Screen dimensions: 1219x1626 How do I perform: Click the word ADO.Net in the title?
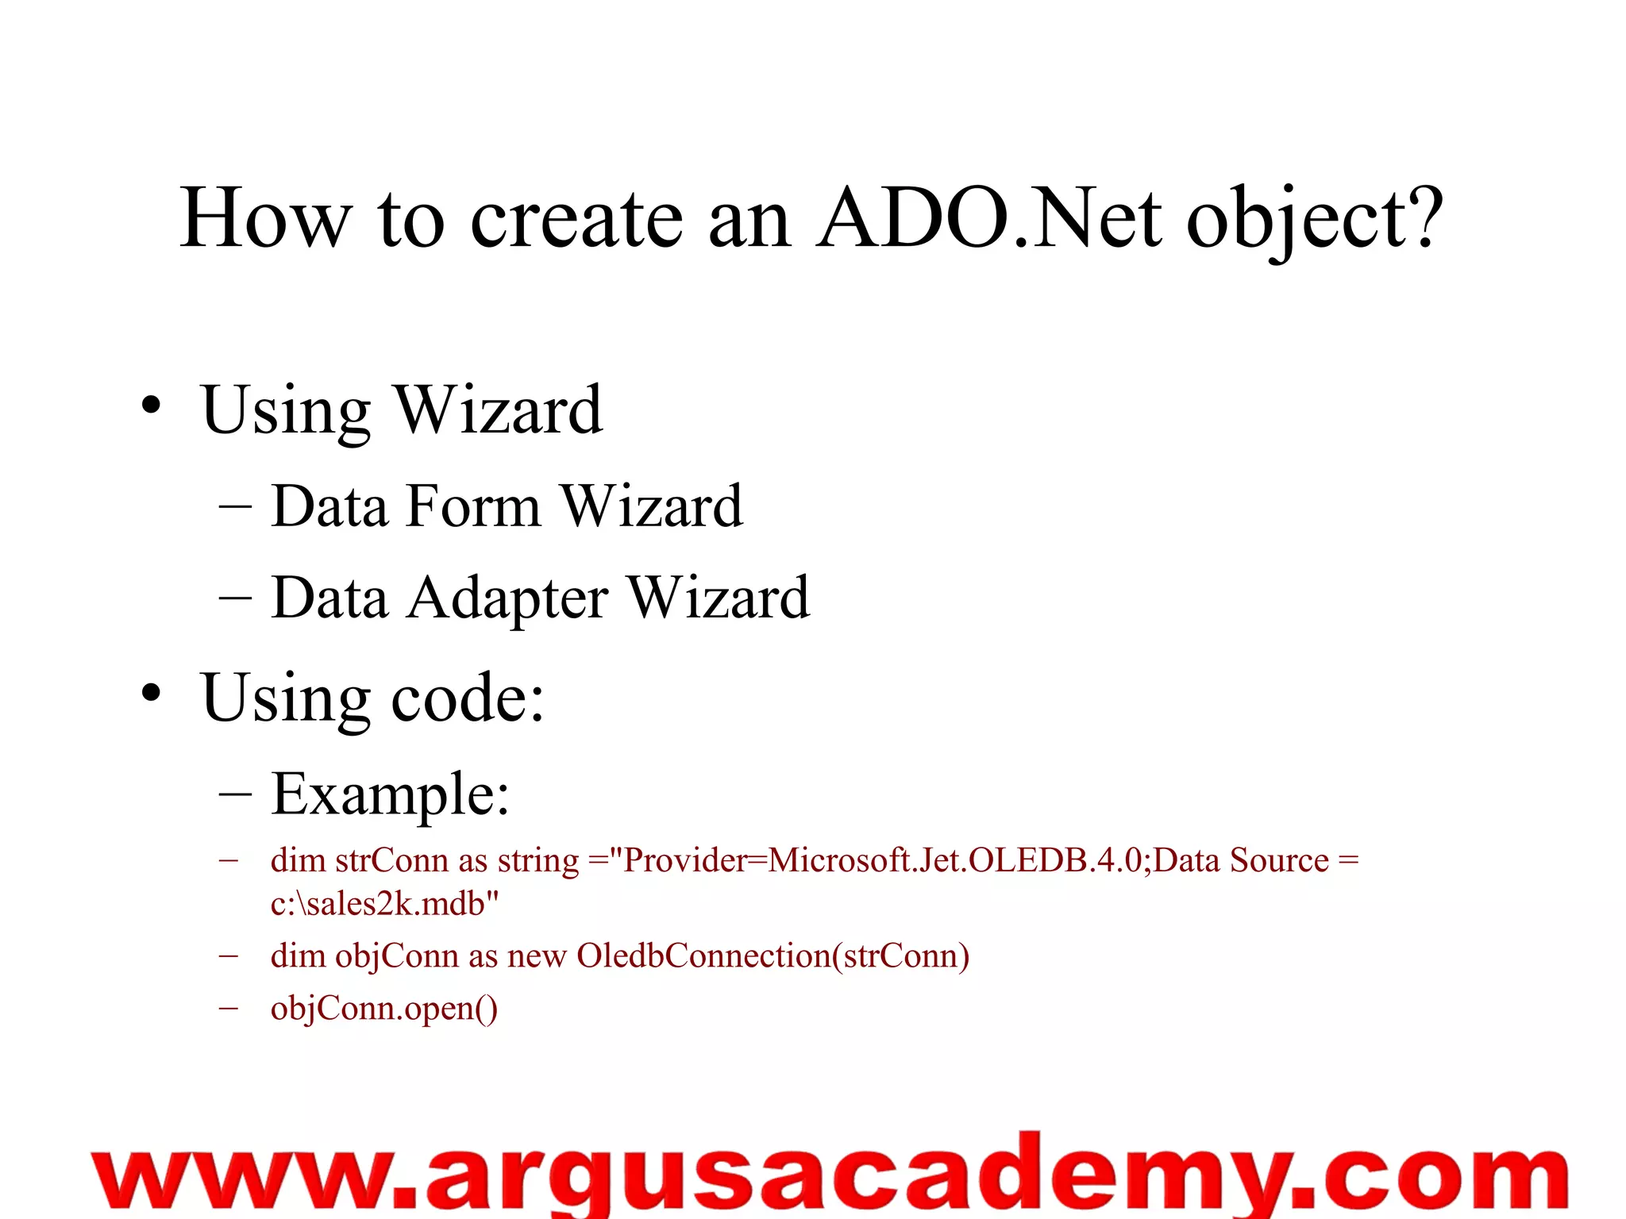988,218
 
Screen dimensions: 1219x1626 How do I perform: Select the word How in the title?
264,218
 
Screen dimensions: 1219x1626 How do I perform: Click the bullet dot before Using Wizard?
151,407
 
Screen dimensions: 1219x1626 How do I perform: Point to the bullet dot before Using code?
151,694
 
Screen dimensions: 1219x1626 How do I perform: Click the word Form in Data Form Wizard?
472,506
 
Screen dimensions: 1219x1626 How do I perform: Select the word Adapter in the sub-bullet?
507,598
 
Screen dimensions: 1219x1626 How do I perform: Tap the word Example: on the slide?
390,794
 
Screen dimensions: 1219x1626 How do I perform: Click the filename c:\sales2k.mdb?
384,904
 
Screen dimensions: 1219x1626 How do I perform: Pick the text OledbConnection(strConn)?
773,956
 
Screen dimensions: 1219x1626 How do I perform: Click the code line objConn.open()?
384,1009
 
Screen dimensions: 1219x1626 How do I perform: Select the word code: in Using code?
468,698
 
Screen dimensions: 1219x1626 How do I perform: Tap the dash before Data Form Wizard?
235,506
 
